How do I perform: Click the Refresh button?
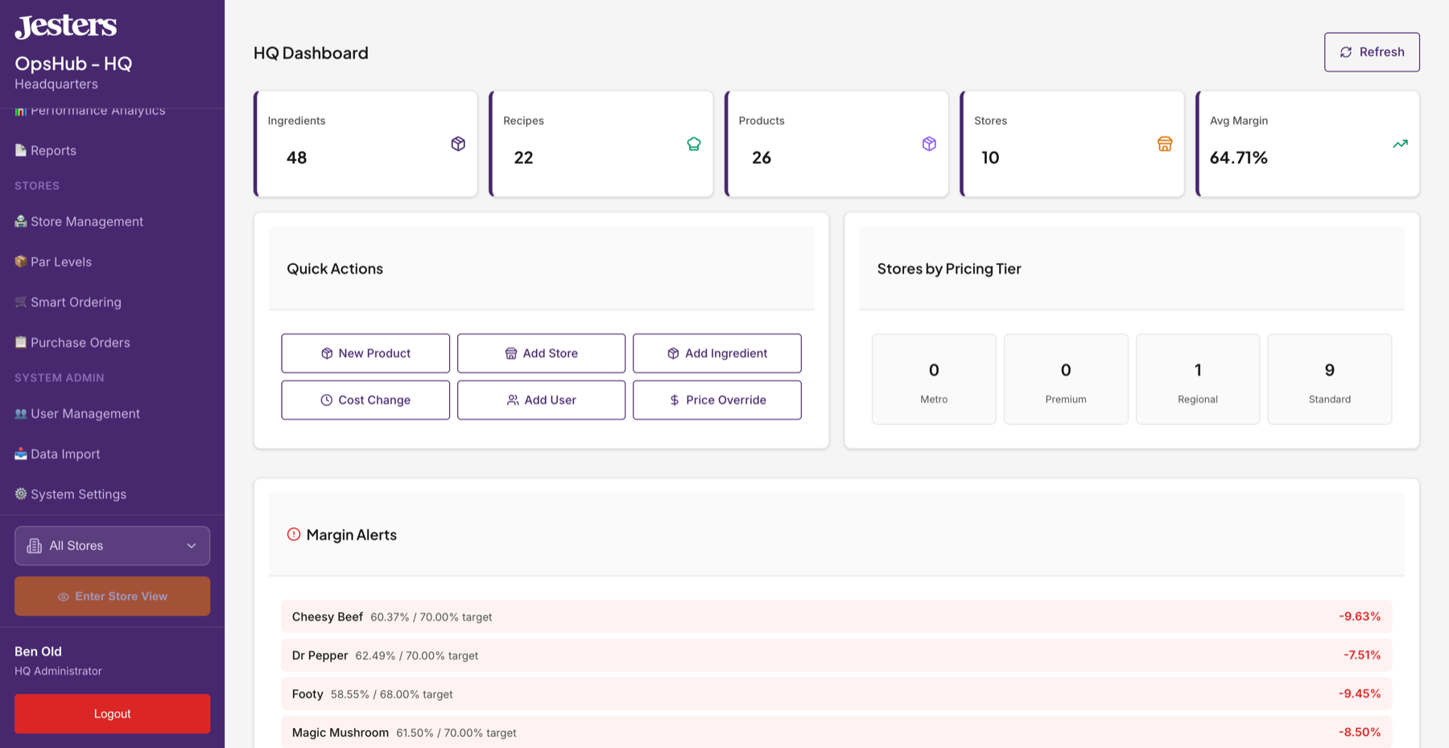click(x=1372, y=52)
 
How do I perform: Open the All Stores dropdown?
click(x=112, y=546)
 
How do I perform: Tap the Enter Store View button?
click(x=112, y=597)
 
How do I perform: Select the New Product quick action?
click(x=365, y=353)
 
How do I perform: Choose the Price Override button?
click(x=716, y=400)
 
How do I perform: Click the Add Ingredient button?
click(x=716, y=353)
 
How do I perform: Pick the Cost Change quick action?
click(x=365, y=400)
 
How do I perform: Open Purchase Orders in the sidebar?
click(x=80, y=343)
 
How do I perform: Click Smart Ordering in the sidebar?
click(x=76, y=303)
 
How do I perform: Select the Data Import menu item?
click(x=65, y=454)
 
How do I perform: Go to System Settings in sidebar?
click(x=78, y=494)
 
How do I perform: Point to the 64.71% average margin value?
click(x=1238, y=158)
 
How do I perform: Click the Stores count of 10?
click(x=990, y=158)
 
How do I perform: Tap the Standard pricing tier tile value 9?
click(x=1329, y=370)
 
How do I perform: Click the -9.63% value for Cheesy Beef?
click(x=1360, y=617)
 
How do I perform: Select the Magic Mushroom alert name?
click(x=340, y=733)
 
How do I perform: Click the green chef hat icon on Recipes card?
click(x=693, y=144)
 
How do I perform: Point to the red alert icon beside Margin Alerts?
click(x=294, y=535)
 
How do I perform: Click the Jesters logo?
click(x=66, y=26)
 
